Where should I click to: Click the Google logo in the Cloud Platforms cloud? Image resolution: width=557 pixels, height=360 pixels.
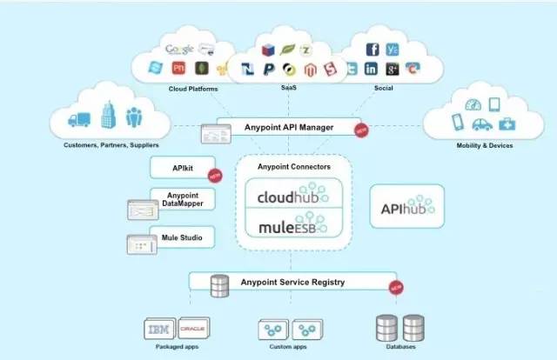tap(178, 49)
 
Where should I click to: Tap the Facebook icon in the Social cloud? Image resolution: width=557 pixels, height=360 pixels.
tap(372, 50)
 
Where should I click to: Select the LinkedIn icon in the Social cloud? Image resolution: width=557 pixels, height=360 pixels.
tap(372, 70)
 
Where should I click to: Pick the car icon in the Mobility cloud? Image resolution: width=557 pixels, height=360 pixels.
tap(480, 124)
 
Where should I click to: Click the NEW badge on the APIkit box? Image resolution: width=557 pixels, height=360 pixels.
tap(214, 175)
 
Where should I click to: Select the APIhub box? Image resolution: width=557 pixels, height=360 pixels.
tap(406, 208)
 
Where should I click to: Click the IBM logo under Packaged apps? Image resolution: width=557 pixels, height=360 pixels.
tap(159, 329)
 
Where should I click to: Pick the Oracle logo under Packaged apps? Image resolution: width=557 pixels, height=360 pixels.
tap(191, 329)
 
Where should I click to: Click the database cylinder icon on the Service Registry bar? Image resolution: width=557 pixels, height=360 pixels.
tap(221, 283)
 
